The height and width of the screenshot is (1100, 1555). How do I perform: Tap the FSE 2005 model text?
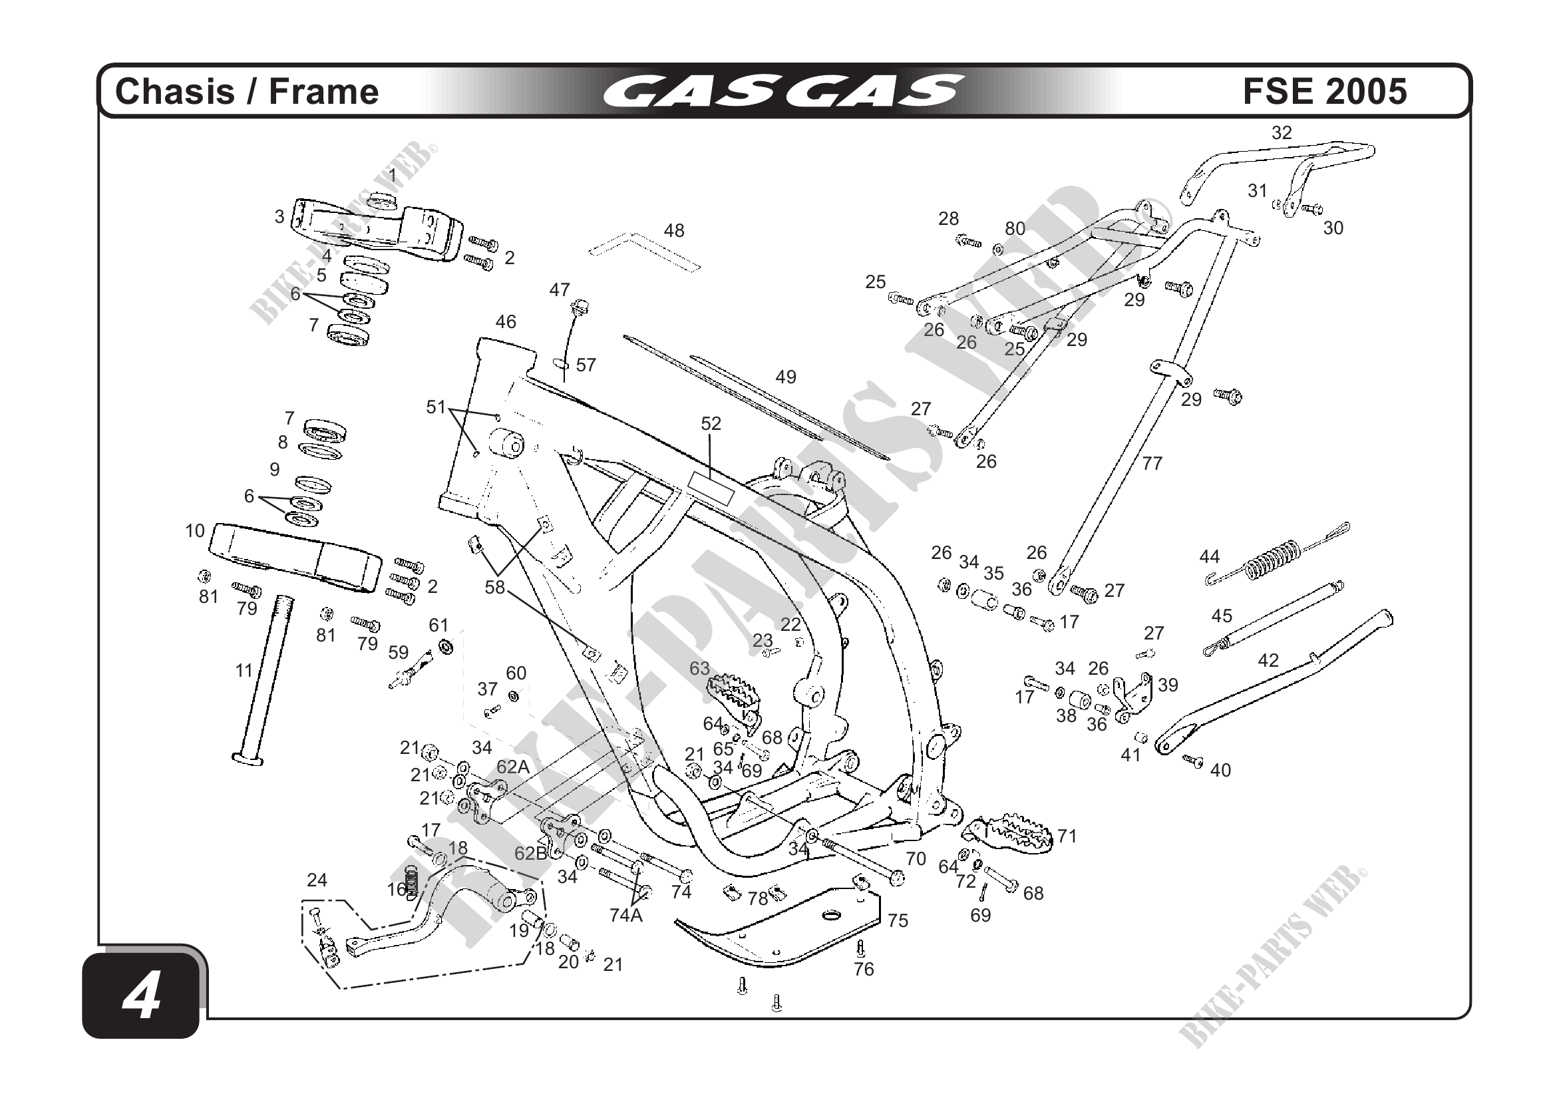tap(1325, 91)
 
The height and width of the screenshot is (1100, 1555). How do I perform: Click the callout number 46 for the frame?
tap(505, 321)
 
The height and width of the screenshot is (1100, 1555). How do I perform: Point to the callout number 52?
tap(711, 424)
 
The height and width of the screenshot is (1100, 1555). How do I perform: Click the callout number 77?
tap(1152, 463)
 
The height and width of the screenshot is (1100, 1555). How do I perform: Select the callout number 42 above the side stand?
tap(1268, 659)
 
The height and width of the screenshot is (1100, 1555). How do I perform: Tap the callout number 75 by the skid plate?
tap(898, 920)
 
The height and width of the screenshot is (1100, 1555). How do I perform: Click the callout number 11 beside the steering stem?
tap(244, 671)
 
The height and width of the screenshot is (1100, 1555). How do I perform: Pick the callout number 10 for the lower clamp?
tap(195, 531)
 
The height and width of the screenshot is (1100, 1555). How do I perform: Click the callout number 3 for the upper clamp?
tap(279, 217)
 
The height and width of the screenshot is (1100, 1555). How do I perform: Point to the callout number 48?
tap(674, 231)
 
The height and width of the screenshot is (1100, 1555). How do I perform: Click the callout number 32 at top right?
tap(1282, 133)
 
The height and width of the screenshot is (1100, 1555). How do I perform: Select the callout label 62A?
tap(513, 767)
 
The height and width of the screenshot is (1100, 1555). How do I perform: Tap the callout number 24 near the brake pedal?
tap(317, 880)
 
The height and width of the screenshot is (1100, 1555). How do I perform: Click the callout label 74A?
tap(625, 916)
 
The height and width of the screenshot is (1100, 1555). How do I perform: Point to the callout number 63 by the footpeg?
tap(699, 669)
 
